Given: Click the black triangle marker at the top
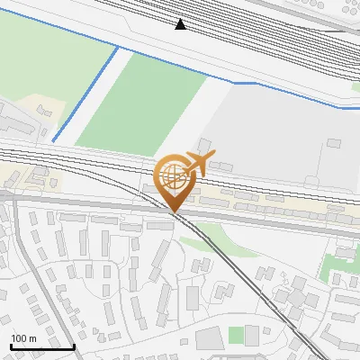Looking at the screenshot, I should coord(181,24).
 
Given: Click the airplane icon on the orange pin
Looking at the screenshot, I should coord(198,163).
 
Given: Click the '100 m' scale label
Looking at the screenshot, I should coord(23,338).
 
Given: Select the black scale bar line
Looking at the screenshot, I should coord(42,346).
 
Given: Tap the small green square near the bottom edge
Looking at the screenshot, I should coord(236,335).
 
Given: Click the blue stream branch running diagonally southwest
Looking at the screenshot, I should coord(85,94).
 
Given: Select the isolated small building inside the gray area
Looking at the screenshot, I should coord(335,142).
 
